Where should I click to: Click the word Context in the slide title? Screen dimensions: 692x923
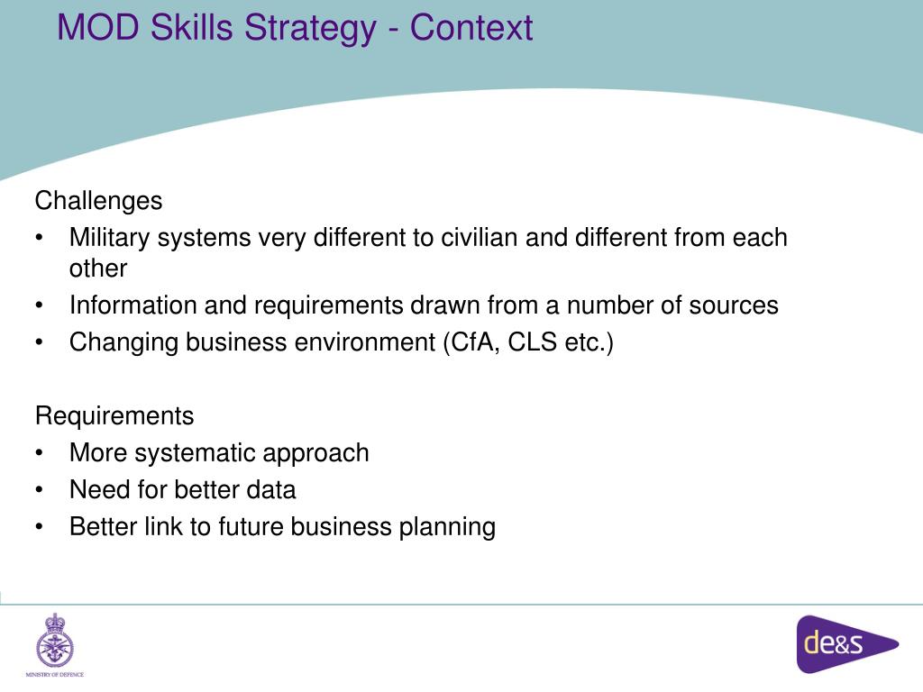(x=471, y=27)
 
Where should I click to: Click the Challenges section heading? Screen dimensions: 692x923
(x=98, y=200)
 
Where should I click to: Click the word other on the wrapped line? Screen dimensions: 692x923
(x=98, y=269)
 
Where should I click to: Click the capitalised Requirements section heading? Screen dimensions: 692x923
(x=114, y=415)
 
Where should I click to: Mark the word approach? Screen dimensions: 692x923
(x=327, y=452)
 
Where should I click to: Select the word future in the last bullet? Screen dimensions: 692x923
(x=251, y=527)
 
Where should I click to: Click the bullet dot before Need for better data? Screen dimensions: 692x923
(x=41, y=491)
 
